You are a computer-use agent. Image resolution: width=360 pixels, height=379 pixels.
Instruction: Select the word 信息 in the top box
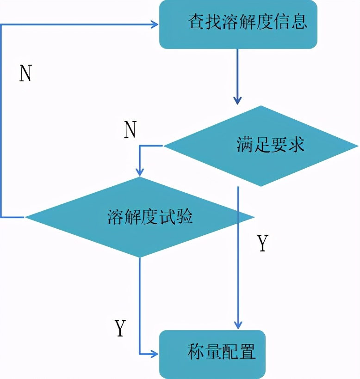click(x=293, y=22)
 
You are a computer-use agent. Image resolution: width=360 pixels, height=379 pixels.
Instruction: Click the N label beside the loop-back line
click(x=25, y=73)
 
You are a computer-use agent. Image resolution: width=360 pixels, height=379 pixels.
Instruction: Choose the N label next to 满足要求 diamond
click(x=130, y=131)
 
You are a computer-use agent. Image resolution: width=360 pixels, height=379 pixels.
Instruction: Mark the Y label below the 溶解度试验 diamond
click(x=120, y=328)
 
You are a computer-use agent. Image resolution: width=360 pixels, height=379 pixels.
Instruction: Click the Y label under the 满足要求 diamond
click(x=262, y=244)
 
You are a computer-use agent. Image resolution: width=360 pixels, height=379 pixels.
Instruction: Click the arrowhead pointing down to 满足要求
click(x=237, y=100)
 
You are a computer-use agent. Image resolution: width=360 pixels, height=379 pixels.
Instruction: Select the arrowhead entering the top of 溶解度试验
click(x=140, y=172)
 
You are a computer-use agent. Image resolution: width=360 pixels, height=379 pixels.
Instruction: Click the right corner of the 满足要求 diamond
click(x=358, y=147)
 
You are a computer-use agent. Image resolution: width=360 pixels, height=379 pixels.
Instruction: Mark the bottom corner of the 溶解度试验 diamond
click(x=140, y=257)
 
